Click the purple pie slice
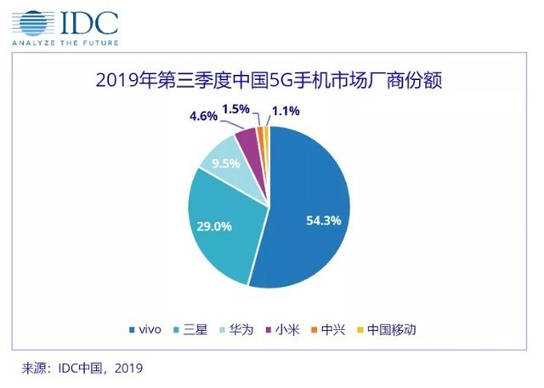tap(248, 138)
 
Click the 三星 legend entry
tap(188, 328)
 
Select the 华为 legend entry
tap(240, 328)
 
